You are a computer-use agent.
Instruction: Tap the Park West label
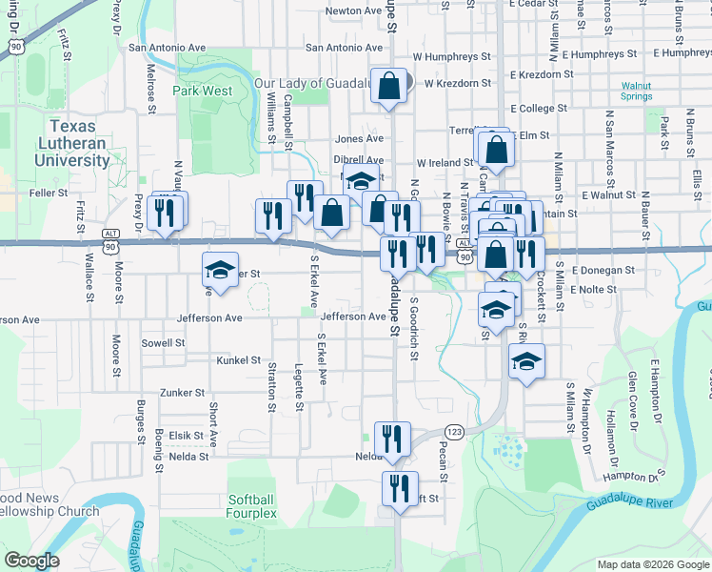(x=202, y=91)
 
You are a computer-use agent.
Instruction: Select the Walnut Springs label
(x=637, y=91)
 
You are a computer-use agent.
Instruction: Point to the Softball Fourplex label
(x=252, y=506)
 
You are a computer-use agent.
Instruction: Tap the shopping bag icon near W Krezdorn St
(x=390, y=87)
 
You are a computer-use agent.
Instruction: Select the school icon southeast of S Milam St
(x=525, y=361)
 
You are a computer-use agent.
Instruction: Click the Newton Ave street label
(x=353, y=11)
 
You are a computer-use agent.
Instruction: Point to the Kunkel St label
(x=238, y=360)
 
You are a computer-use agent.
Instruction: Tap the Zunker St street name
(x=183, y=392)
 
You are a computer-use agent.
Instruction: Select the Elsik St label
(x=186, y=436)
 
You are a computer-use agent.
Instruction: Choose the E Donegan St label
(x=603, y=271)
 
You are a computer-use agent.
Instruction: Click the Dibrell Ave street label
(x=358, y=160)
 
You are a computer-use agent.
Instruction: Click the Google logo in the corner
(x=32, y=561)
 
